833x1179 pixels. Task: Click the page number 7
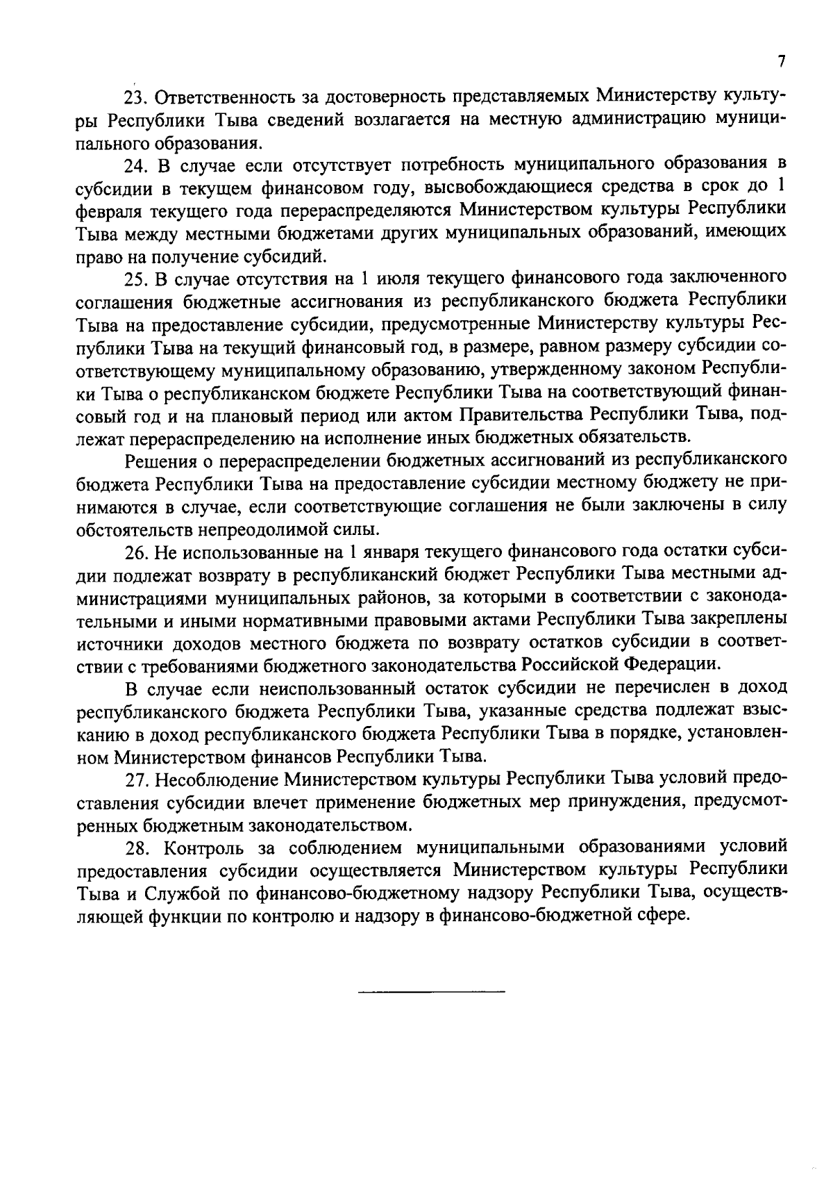tap(782, 62)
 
